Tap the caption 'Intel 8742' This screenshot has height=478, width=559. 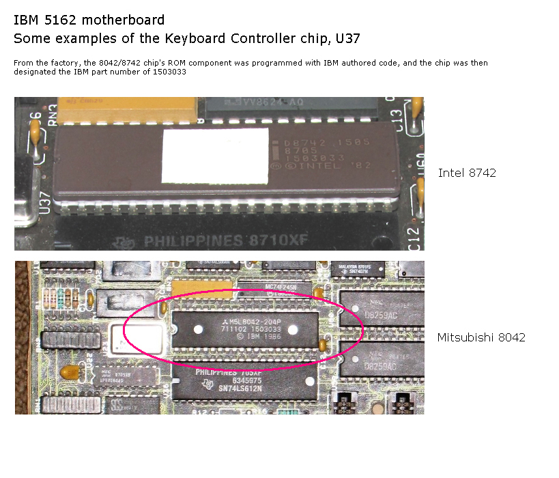click(467, 173)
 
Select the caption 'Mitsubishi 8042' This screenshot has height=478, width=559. click(481, 337)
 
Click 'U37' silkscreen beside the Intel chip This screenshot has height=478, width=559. click(46, 203)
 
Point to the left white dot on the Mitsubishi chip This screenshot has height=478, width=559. click(198, 329)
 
